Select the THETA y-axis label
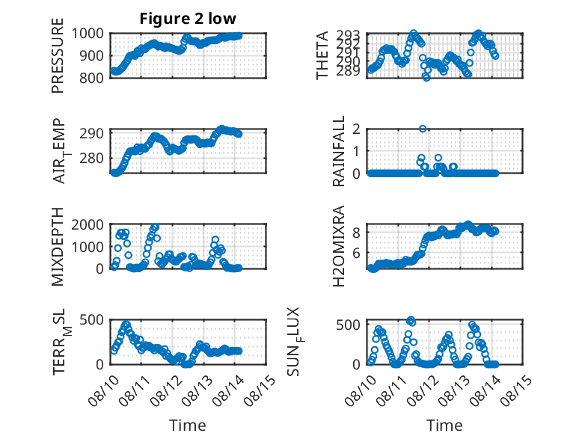[x=323, y=55]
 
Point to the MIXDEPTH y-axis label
[x=58, y=246]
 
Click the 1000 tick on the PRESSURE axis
[x=91, y=34]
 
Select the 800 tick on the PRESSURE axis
[x=95, y=78]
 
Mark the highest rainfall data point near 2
[x=423, y=129]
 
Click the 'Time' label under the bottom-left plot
[x=188, y=426]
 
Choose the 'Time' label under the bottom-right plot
[x=444, y=426]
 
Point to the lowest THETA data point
[x=426, y=77]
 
